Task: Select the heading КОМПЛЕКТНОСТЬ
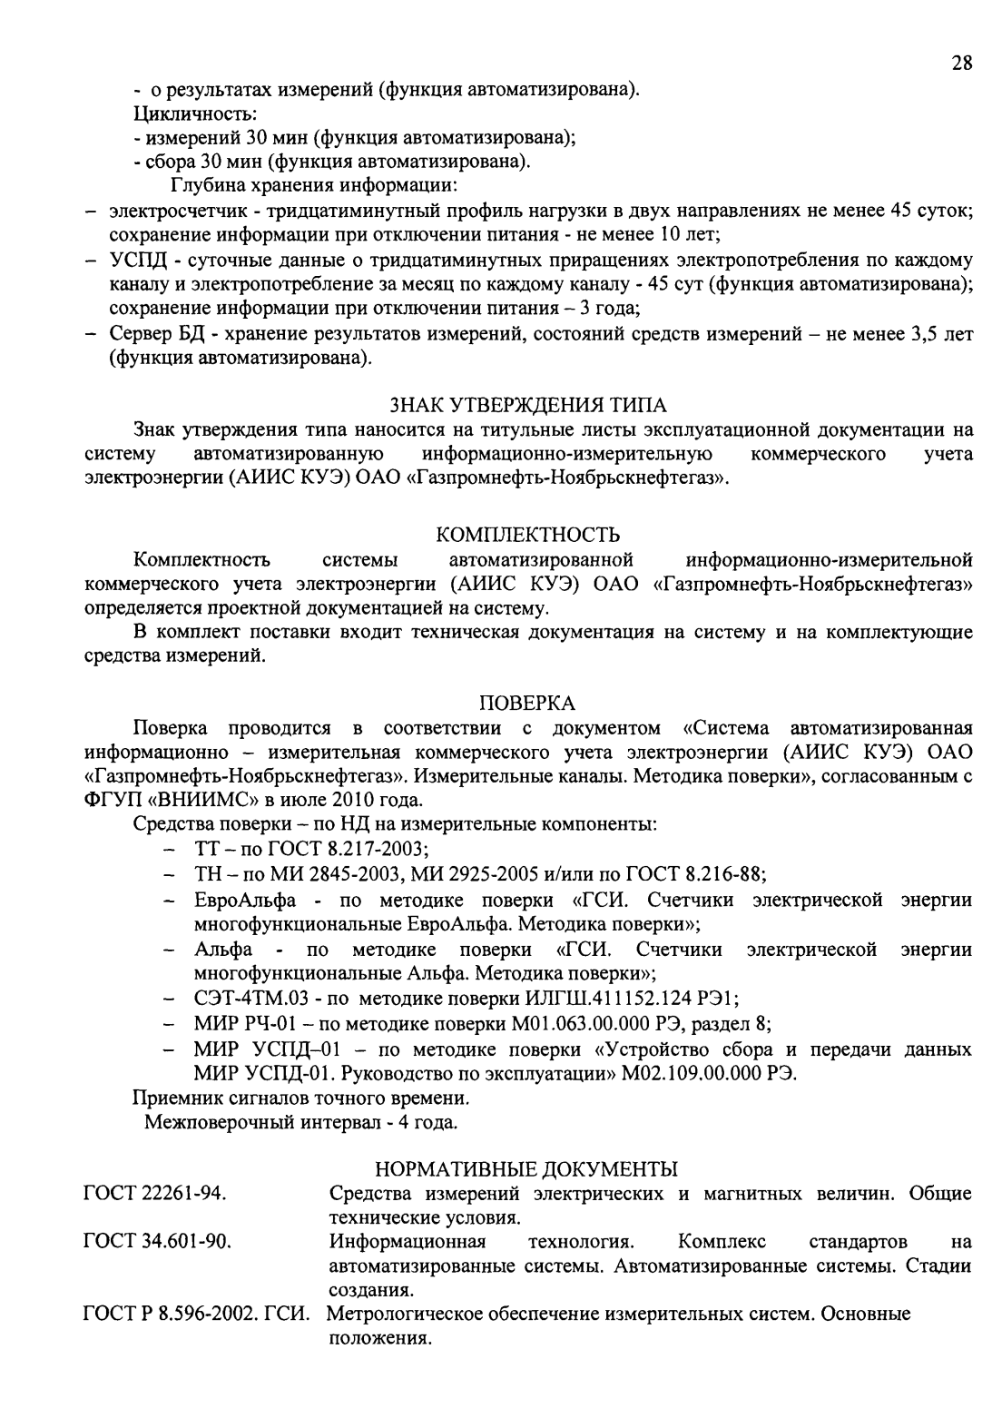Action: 528,534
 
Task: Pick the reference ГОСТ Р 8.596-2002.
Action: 178,1314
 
